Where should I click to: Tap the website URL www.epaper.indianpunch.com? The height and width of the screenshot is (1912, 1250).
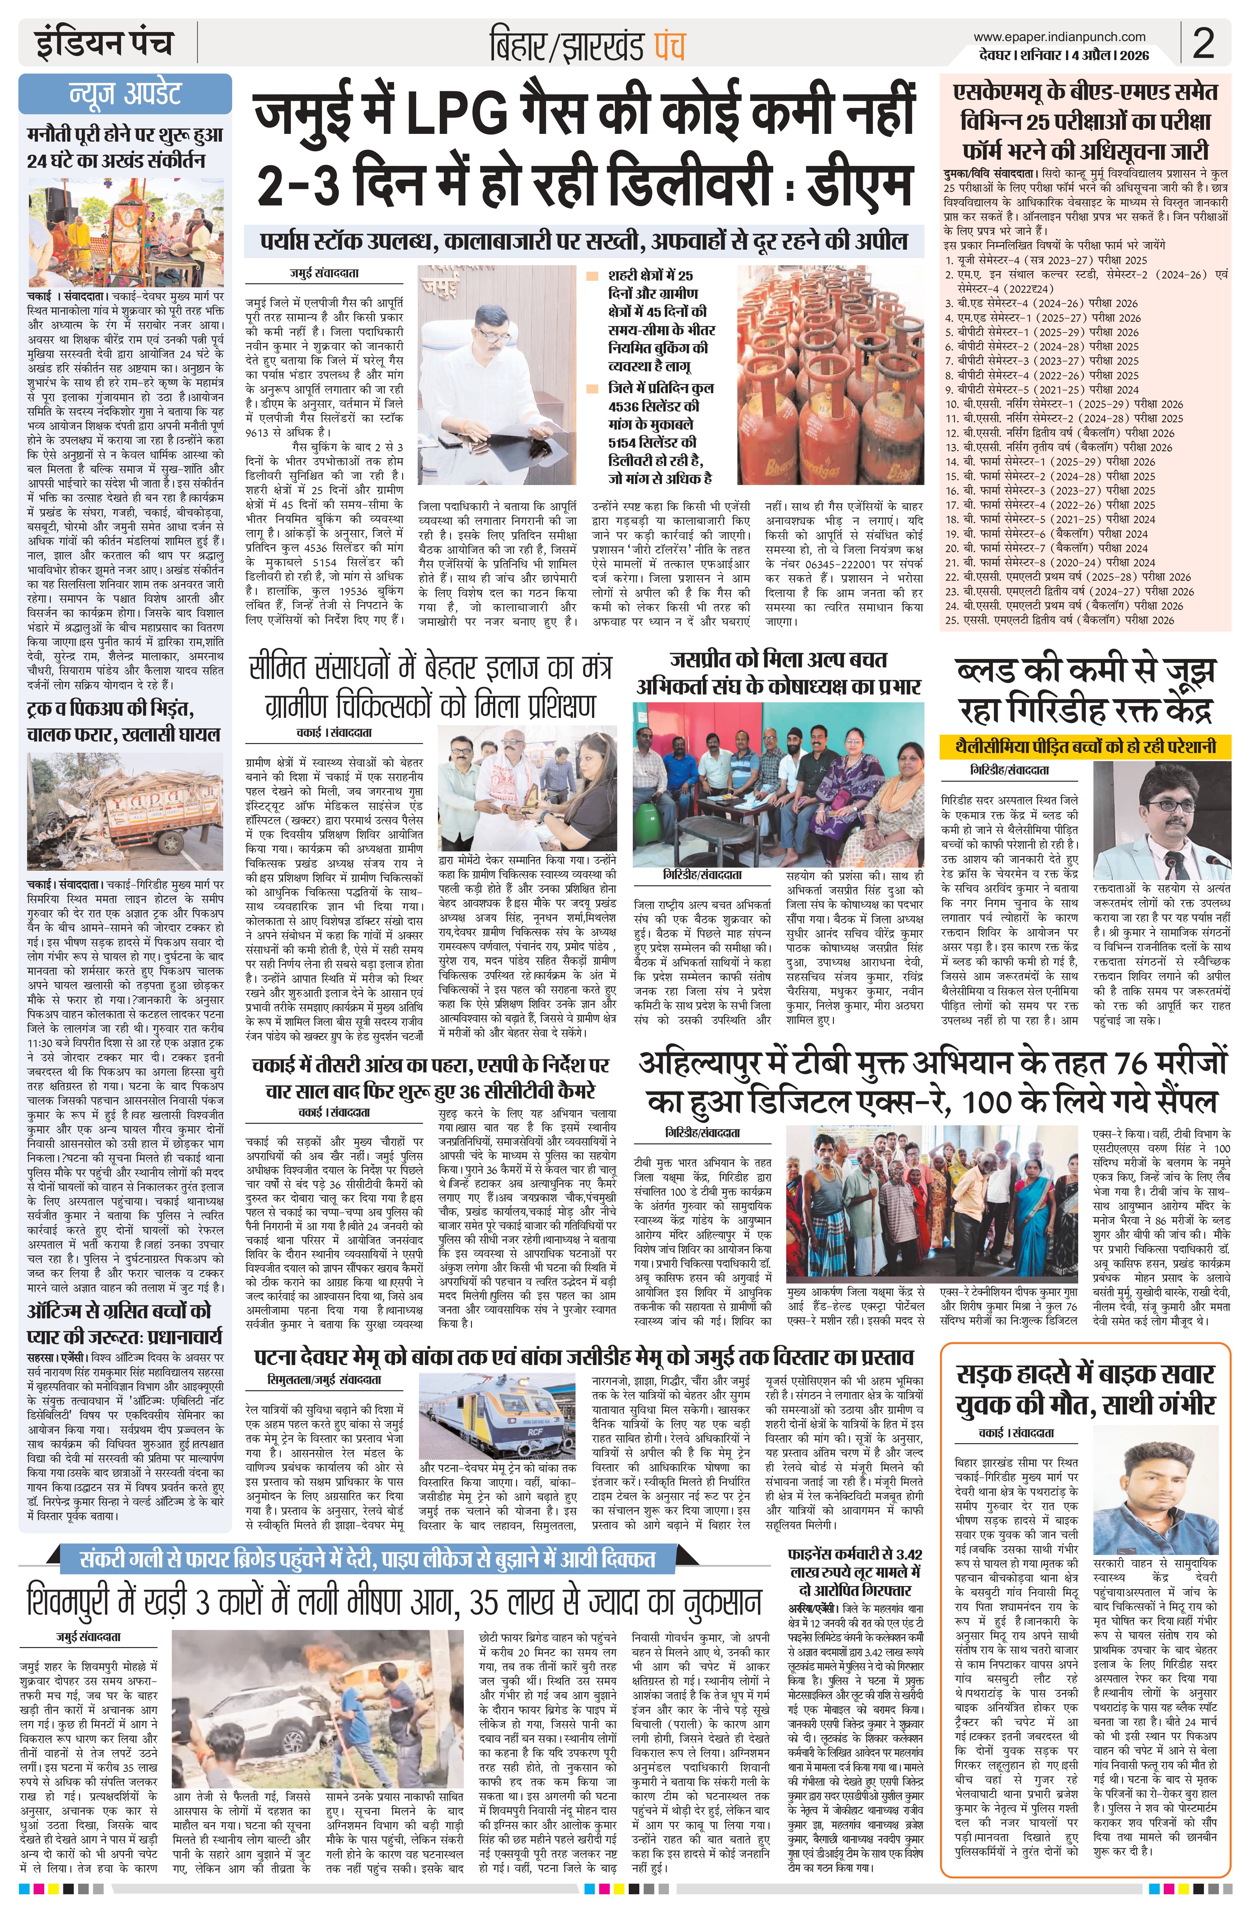1059,36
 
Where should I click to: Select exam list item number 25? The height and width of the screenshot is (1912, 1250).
1058,619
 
